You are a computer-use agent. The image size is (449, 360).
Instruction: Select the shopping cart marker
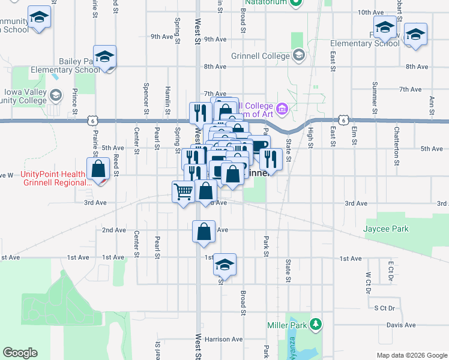tap(183, 192)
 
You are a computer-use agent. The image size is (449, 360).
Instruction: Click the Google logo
tap(20, 353)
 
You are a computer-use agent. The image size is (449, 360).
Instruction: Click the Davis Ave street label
tap(401, 325)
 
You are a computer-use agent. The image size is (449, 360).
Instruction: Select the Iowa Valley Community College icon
tap(56, 95)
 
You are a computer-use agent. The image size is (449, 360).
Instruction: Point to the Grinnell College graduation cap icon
tap(298, 56)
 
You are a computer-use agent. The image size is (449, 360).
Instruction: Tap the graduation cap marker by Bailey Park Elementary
tap(104, 56)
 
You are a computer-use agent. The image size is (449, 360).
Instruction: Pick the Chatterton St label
tap(397, 145)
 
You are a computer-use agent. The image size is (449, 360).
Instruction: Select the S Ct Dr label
tap(385, 308)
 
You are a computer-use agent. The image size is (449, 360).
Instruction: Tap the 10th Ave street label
tap(370, 12)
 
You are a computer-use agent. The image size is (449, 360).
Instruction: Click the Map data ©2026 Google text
tap(411, 355)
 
